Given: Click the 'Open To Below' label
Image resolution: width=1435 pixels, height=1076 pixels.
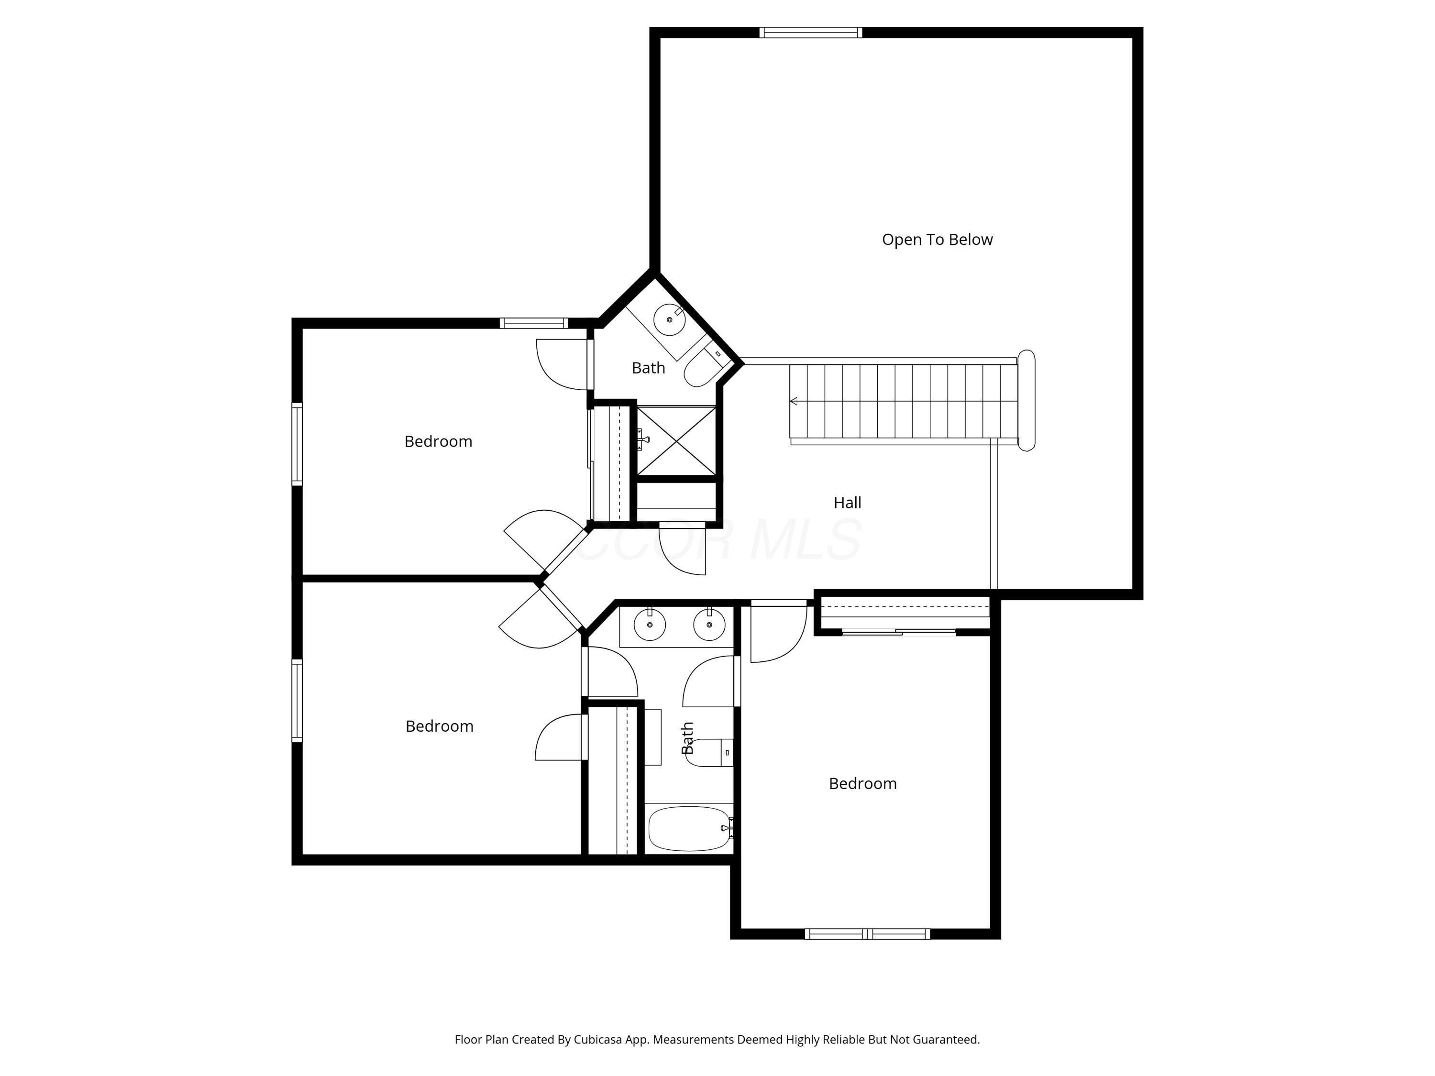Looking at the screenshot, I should tap(937, 239).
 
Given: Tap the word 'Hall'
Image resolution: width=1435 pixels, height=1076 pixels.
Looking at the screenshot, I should tap(847, 503).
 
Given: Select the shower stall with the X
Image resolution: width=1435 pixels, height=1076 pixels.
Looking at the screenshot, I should tap(677, 441).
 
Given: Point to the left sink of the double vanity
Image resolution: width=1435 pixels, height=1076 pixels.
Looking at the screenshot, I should tap(650, 625).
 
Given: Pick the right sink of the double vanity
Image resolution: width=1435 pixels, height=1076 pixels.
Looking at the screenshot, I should tap(709, 625).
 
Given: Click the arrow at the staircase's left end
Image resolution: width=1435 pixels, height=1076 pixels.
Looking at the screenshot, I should tap(794, 402).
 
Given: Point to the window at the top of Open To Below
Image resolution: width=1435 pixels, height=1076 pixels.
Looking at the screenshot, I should tap(810, 33).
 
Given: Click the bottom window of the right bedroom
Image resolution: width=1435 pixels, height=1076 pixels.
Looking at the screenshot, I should tap(867, 934).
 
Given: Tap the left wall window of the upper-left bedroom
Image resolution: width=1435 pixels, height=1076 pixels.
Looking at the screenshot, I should tap(297, 444).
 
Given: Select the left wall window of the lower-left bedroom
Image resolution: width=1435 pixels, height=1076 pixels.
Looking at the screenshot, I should tap(297, 701).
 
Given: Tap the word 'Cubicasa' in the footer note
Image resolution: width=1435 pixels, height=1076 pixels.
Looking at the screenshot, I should tap(597, 1040).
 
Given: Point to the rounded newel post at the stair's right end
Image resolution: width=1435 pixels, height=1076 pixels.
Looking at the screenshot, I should tap(1027, 400).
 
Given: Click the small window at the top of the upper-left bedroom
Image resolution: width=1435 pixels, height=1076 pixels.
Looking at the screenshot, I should tap(534, 323).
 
